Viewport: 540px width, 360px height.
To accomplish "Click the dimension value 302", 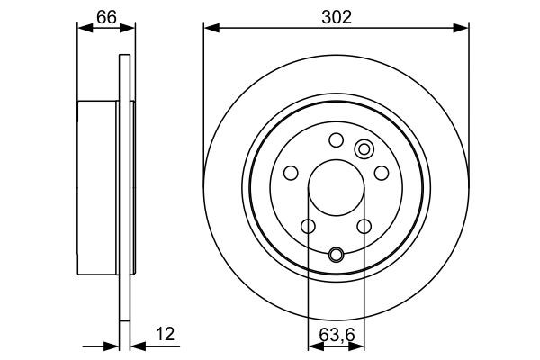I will click(336, 15).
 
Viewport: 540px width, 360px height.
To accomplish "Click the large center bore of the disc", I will click(336, 191).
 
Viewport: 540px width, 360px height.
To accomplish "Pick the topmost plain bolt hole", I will click(336, 139).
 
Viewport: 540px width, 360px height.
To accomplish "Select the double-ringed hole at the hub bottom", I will click(336, 255).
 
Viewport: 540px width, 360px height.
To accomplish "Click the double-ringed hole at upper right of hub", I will click(364, 149).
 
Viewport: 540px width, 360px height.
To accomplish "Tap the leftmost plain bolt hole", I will click(290, 173).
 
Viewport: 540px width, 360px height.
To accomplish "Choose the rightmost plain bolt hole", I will click(382, 173).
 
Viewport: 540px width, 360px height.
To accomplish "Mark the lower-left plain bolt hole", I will click(307, 226).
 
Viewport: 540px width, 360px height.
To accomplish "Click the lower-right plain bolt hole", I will click(364, 226).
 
